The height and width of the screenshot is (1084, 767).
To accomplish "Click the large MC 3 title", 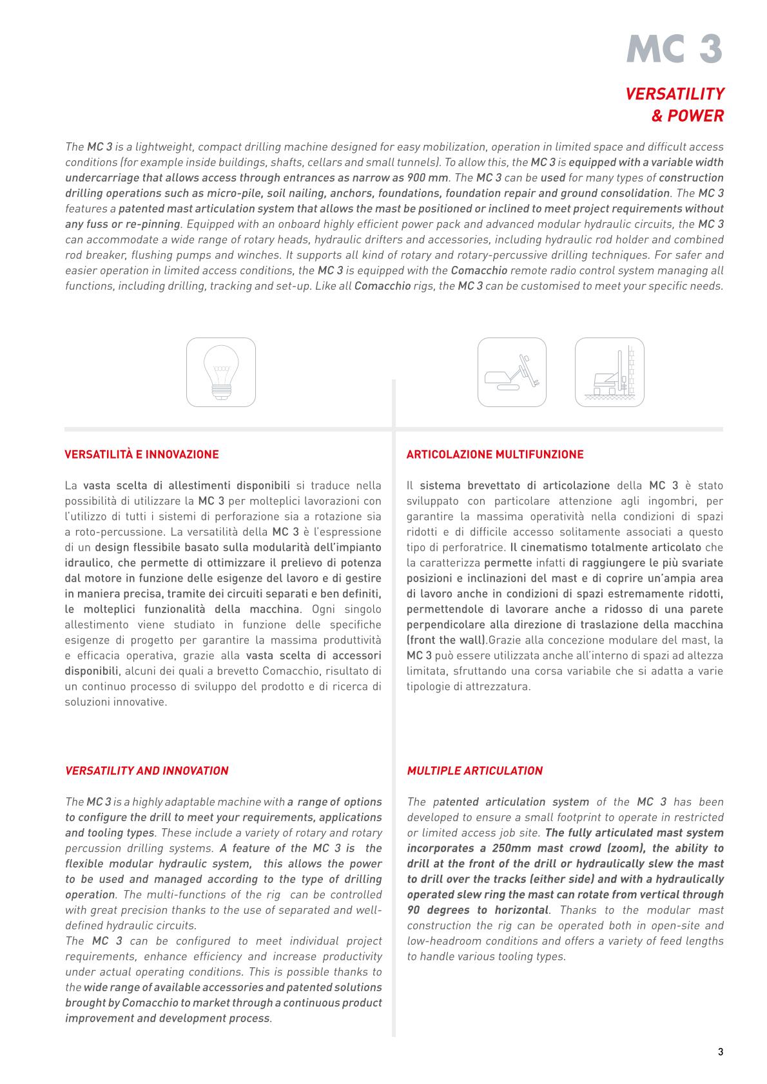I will point(674,48).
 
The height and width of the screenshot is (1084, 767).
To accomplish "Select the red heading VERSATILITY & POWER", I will point(675,105).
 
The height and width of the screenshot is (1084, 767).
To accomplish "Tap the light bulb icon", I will point(221,372).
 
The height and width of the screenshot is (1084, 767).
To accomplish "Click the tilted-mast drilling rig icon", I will point(512,372).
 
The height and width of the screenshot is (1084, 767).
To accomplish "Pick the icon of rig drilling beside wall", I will point(609,372).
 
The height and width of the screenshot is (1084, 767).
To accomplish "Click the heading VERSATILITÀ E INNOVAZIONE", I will point(142,455).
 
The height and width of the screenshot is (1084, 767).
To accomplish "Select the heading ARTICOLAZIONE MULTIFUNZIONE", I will point(495,455).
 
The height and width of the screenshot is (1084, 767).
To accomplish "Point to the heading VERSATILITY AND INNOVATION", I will point(147,771).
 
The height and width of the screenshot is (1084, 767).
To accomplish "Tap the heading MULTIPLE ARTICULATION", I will point(475,771).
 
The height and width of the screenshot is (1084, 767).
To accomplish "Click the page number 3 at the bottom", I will point(721,1052).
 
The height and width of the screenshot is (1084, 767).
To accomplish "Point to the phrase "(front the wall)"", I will point(447,640).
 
